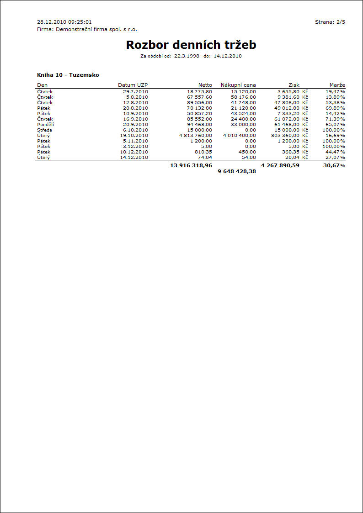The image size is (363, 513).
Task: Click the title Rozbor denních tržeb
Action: pos(191,45)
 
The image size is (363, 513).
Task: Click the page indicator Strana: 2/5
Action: pos(330,22)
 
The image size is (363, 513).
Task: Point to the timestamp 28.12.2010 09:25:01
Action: pos(64,22)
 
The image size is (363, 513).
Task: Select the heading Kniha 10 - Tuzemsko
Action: pos(68,75)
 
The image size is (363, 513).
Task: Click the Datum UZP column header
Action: pos(133,85)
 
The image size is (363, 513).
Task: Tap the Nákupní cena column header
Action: pos(238,85)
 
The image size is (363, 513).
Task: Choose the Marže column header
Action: pos(337,85)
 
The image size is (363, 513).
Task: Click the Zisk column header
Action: pos(294,85)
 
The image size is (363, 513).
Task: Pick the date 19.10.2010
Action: pos(134,136)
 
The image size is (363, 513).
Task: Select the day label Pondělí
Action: pos(45,125)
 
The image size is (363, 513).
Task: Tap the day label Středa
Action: pos(44,130)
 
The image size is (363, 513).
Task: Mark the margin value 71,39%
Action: pos(335,119)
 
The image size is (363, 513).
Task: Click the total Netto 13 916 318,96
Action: pos(191,165)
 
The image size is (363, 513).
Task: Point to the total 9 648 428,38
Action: pos(237,172)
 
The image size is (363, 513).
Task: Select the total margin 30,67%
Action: pos(334,165)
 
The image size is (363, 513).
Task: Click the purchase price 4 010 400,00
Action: pos(240,136)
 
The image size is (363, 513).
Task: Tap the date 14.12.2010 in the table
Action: pos(134,158)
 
